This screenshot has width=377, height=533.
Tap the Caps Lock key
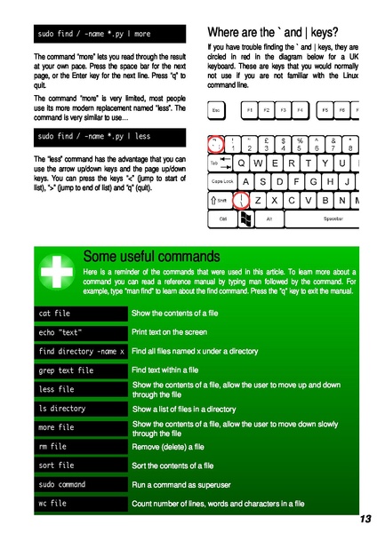(223, 180)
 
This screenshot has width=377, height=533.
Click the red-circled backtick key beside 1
(215, 143)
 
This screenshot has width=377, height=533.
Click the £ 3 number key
(266, 143)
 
